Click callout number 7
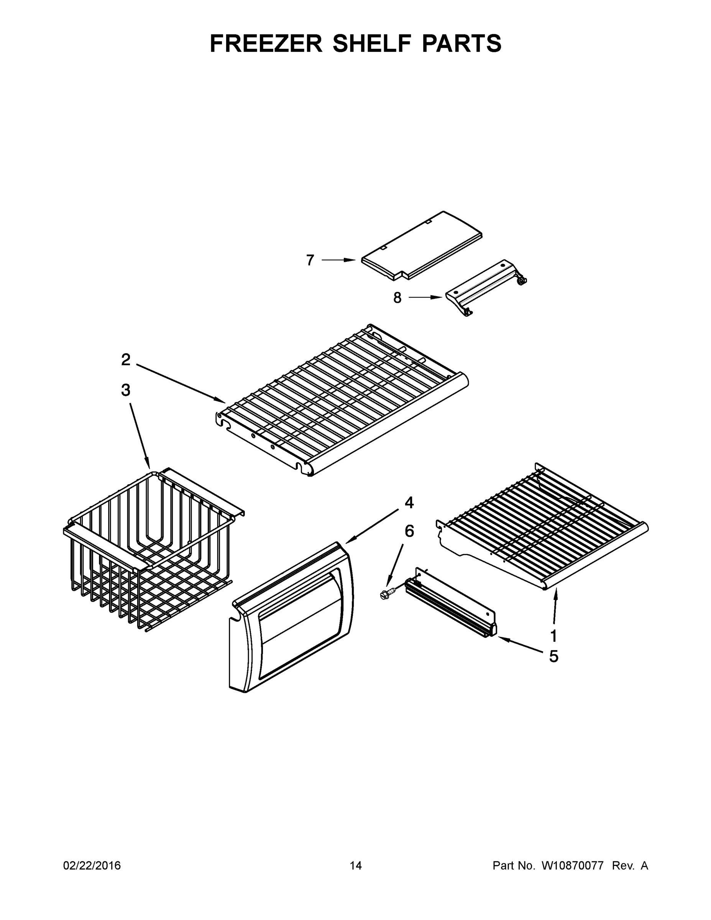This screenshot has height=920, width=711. (x=310, y=260)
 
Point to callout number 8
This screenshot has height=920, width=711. (x=397, y=298)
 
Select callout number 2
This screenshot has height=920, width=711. (x=125, y=360)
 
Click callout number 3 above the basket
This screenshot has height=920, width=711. (x=125, y=390)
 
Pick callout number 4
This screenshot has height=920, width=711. (x=409, y=503)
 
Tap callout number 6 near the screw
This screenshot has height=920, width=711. (x=409, y=531)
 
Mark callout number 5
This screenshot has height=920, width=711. (x=553, y=656)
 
